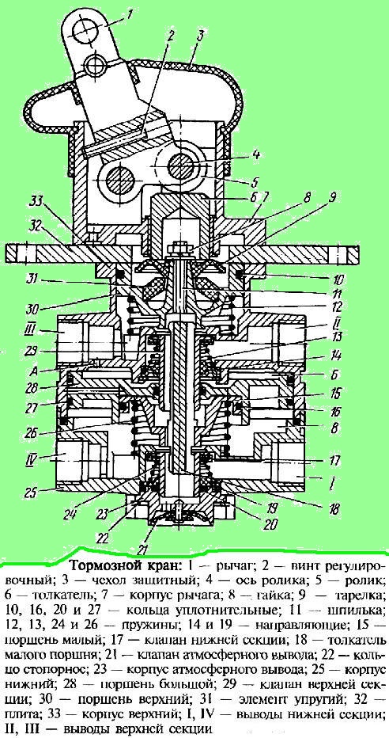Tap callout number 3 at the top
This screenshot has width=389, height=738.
pos(200,34)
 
